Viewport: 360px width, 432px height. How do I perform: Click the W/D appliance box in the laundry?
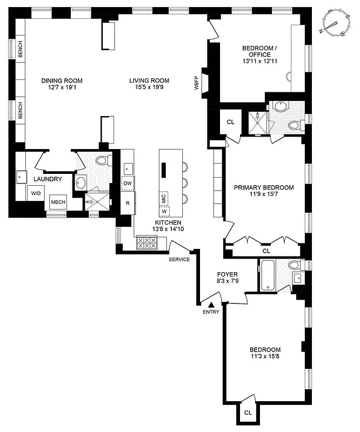(x=36, y=193)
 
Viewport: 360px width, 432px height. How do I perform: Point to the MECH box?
(x=58, y=202)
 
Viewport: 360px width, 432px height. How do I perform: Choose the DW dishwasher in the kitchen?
(x=128, y=184)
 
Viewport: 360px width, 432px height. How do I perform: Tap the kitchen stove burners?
(x=146, y=242)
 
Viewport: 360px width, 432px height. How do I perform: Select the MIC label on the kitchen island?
(x=164, y=198)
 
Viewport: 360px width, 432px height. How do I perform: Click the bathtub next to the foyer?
(x=269, y=275)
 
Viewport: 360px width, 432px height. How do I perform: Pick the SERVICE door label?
(x=179, y=259)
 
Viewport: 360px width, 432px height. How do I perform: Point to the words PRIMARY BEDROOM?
(x=264, y=187)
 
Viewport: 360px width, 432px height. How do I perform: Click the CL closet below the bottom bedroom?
(x=248, y=412)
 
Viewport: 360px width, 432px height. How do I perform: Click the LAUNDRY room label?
(x=48, y=179)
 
